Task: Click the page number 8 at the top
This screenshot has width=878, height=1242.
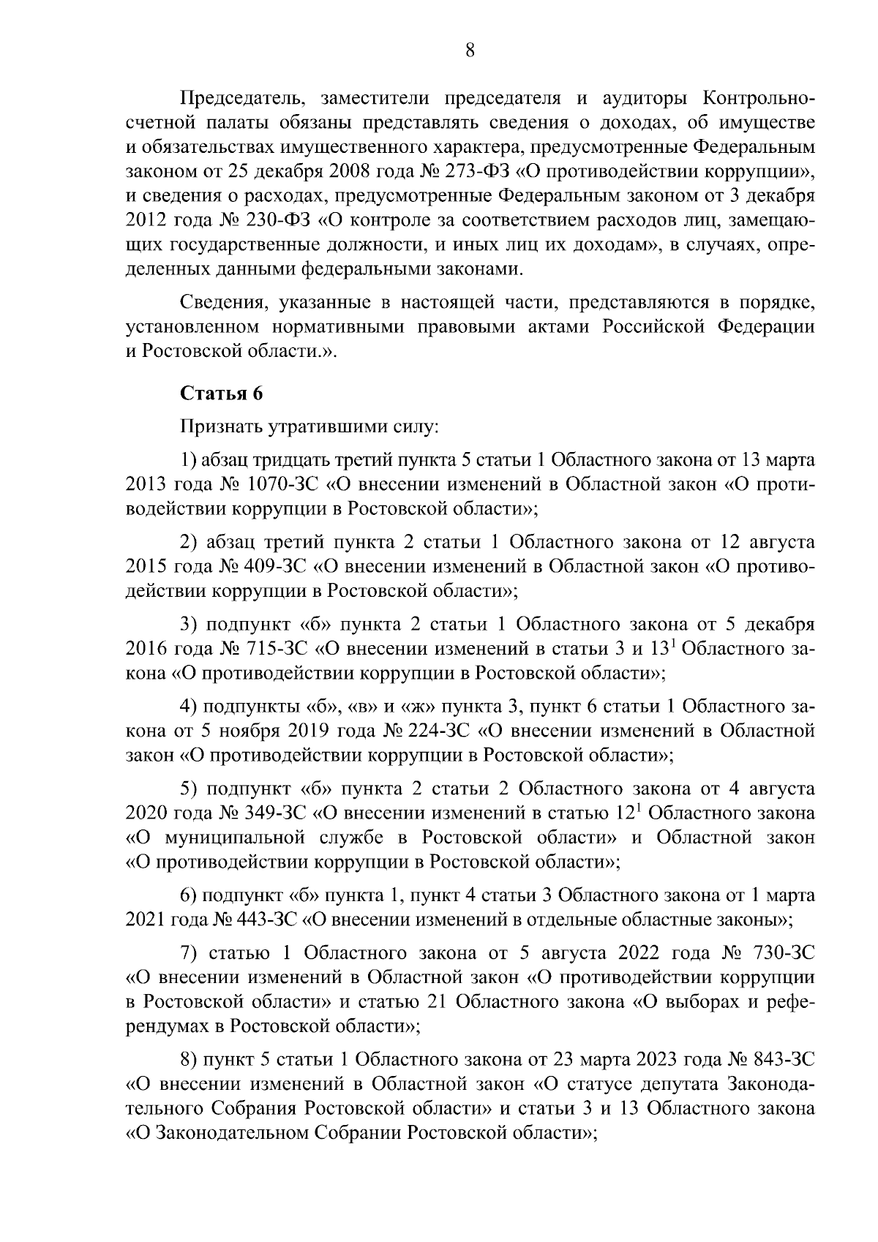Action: pos(470,50)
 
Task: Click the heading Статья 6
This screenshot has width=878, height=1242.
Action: pos(221,393)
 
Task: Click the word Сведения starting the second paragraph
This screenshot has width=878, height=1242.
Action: pos(218,303)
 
